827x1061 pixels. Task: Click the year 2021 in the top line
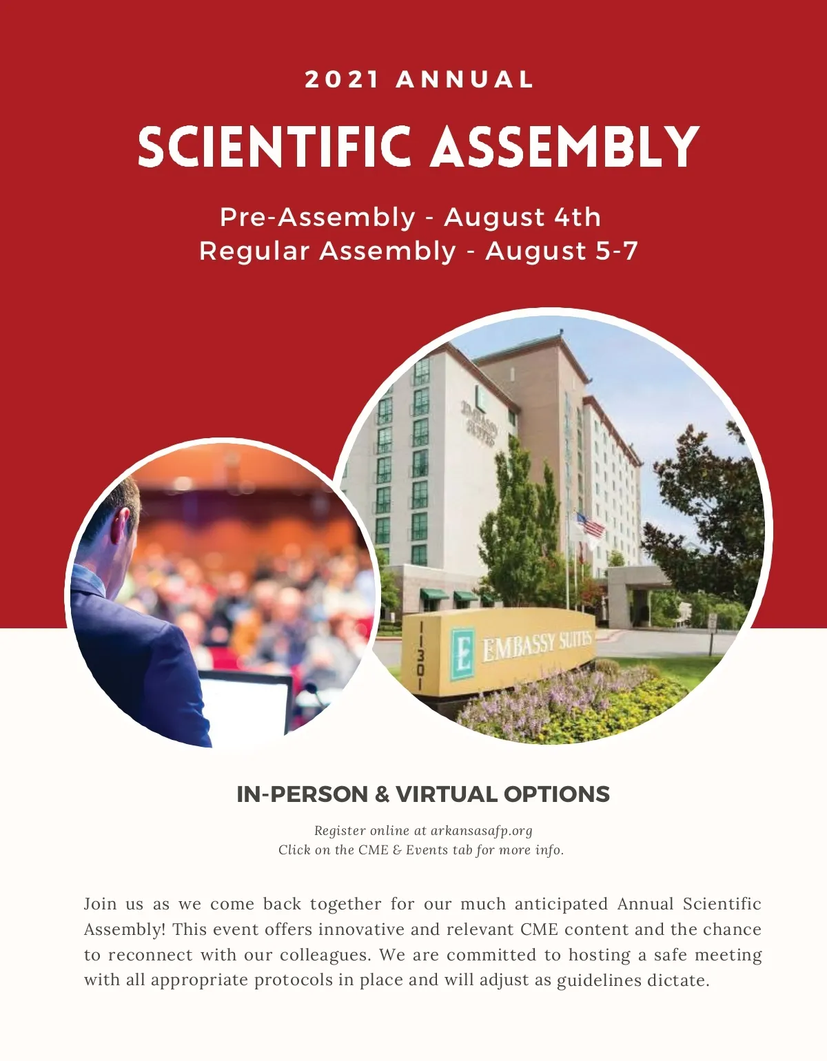pos(342,79)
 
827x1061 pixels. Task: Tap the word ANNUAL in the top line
pos(465,79)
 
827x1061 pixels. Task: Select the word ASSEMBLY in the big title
pos(565,147)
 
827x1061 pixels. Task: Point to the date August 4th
pos(522,217)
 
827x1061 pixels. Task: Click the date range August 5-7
pos(562,251)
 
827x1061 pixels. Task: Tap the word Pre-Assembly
pos(318,217)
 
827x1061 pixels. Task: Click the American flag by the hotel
pos(591,526)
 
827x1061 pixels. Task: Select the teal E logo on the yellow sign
pos(462,652)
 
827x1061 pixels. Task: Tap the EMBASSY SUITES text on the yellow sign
pos(537,644)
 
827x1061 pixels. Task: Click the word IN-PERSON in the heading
pos(303,794)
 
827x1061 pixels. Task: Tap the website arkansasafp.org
pos(481,831)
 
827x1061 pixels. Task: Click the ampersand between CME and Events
pos(397,850)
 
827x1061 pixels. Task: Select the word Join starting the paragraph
pos(101,904)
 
